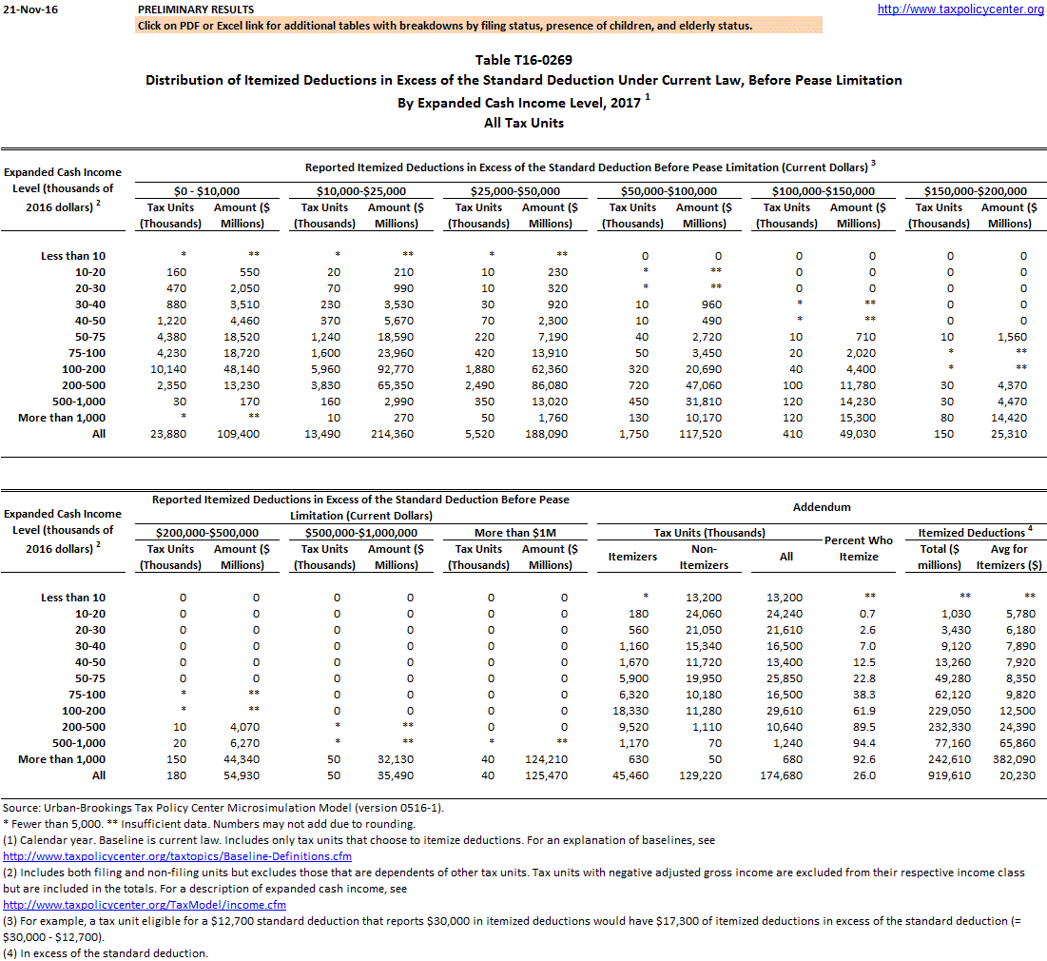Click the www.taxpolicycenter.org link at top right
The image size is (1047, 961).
(x=960, y=10)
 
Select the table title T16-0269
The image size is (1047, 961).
(x=524, y=60)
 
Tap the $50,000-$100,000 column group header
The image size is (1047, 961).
(x=668, y=191)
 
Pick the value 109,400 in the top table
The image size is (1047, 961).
(x=241, y=434)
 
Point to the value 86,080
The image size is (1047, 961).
(x=549, y=385)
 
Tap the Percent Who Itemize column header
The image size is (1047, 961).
(x=859, y=548)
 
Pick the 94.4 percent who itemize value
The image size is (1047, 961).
(x=863, y=743)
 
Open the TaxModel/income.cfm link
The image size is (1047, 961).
(x=145, y=905)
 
